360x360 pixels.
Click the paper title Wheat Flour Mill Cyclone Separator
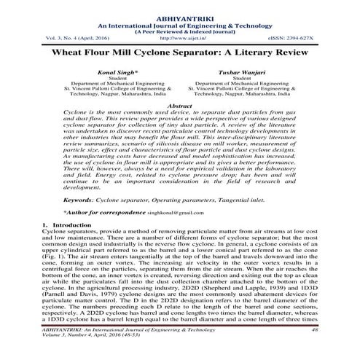[x=179, y=53]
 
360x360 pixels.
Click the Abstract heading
[x=179, y=106]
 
